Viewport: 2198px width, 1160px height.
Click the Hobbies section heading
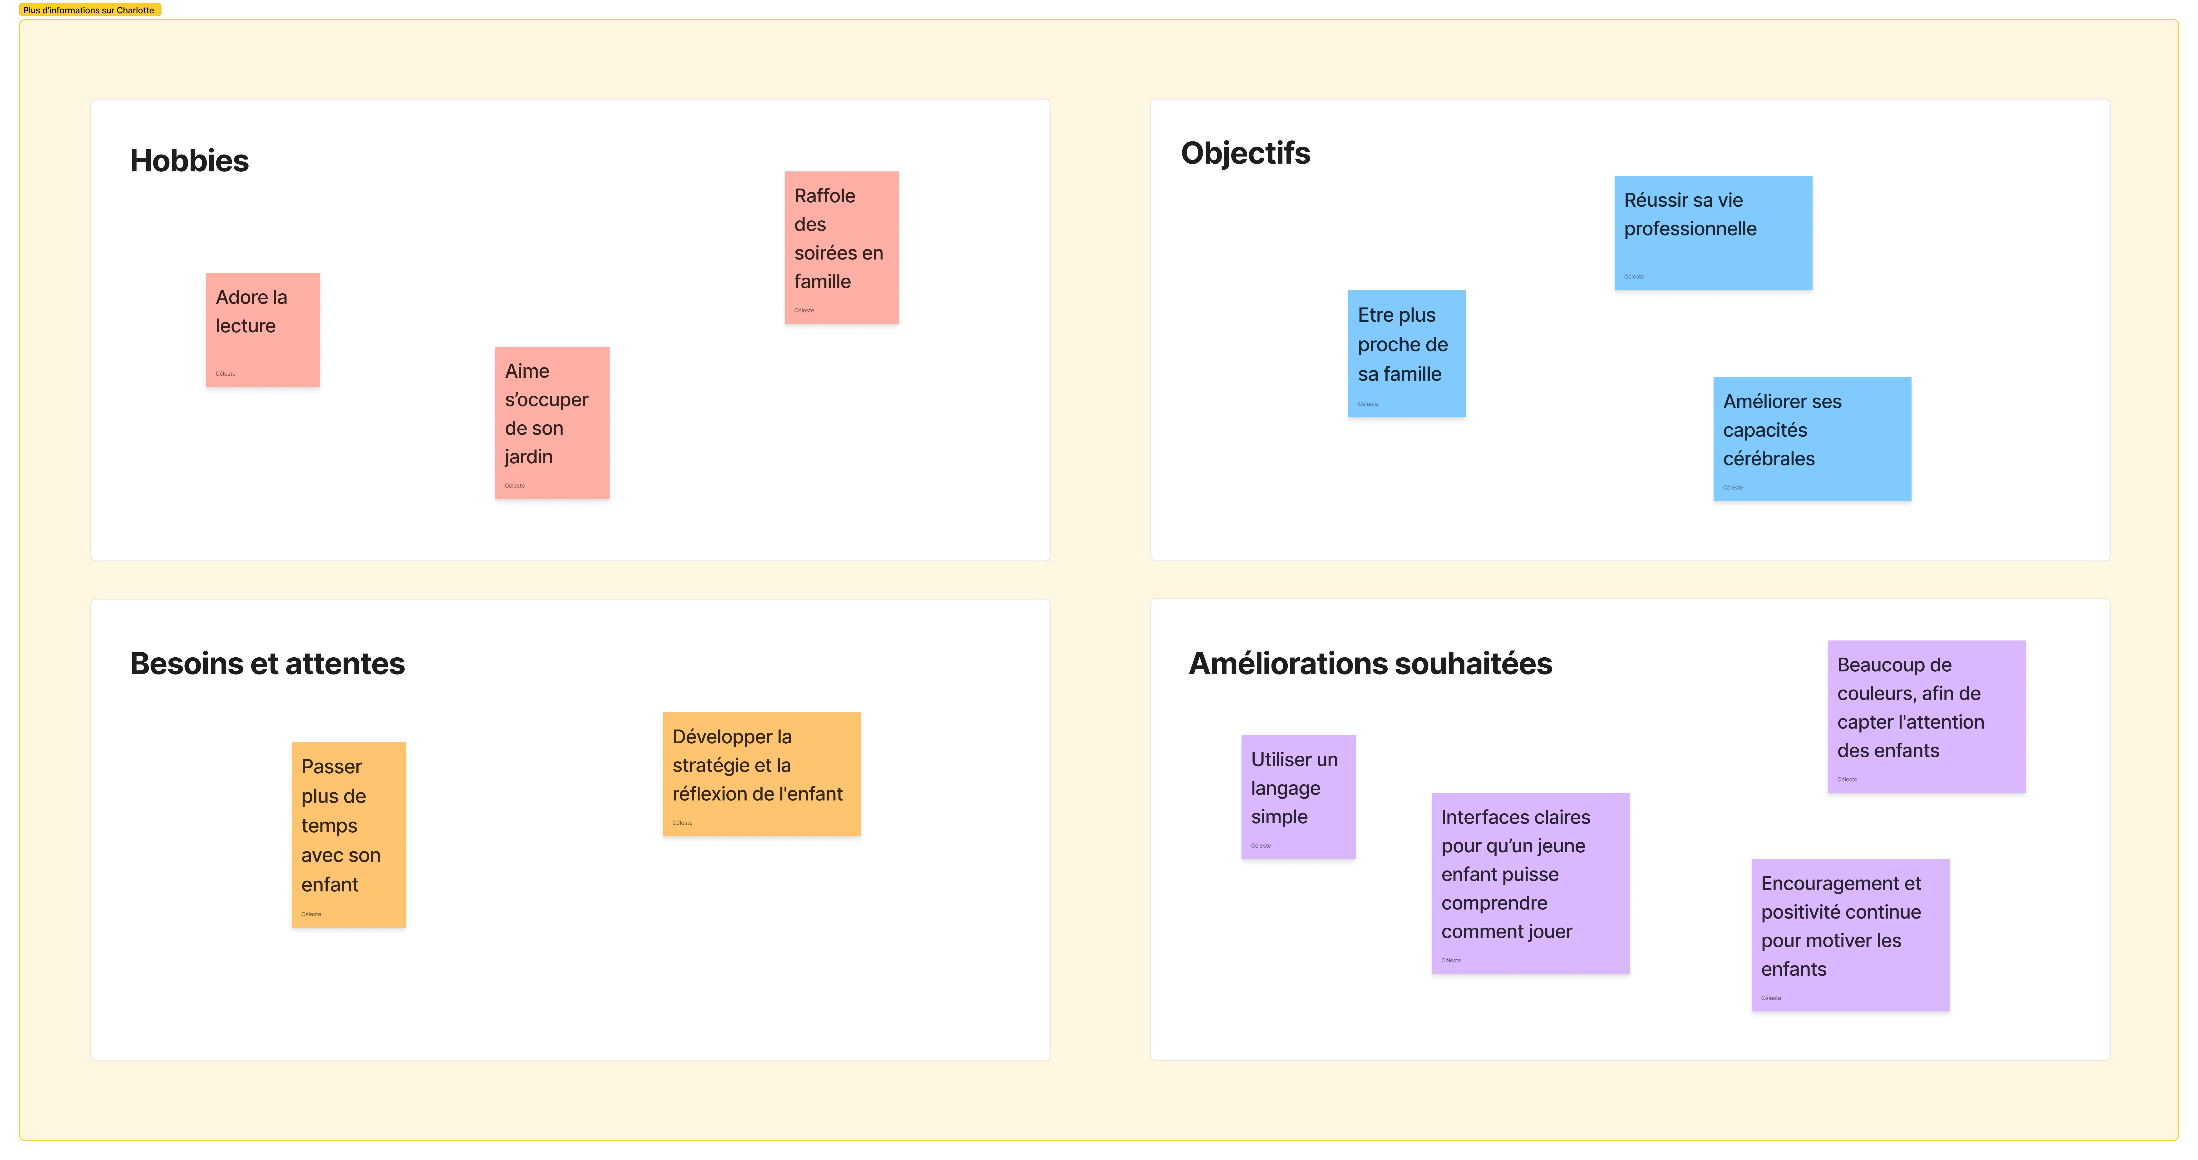(x=189, y=160)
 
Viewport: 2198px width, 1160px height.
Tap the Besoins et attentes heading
(x=267, y=663)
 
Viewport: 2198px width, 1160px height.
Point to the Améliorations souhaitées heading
(x=1370, y=663)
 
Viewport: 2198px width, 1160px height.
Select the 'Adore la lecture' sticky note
(x=263, y=330)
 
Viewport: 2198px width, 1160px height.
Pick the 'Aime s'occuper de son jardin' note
(x=552, y=423)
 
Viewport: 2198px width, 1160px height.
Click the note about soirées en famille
(x=841, y=248)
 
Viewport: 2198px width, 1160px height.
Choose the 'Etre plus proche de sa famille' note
(x=1406, y=353)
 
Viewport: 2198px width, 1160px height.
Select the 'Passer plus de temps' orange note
(x=348, y=835)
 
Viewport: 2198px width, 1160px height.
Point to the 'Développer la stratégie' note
(x=761, y=774)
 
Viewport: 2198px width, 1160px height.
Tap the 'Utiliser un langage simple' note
(x=1298, y=797)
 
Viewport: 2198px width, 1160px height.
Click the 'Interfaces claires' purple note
(x=1530, y=883)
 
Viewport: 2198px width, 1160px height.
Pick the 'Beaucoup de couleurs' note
(x=1926, y=717)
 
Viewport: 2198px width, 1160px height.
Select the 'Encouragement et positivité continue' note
(x=1850, y=935)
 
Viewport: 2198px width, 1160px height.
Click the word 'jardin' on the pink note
(x=529, y=457)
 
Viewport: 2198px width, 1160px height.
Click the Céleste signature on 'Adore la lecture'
(x=225, y=374)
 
